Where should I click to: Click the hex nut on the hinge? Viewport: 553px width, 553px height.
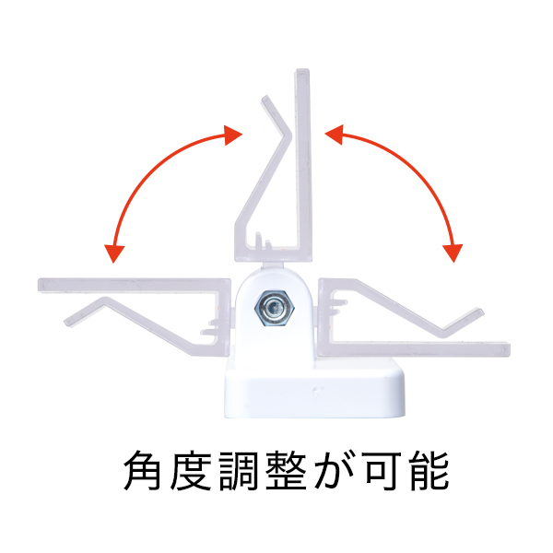(x=275, y=309)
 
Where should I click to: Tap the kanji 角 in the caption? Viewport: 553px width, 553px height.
(x=143, y=470)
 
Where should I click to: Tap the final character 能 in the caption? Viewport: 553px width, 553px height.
(x=429, y=470)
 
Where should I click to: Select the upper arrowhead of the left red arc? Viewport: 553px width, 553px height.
(x=233, y=135)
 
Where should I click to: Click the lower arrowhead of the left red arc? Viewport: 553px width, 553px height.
(x=114, y=253)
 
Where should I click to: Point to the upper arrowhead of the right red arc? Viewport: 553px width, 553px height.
(x=334, y=135)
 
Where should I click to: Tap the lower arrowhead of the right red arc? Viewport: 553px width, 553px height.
(x=453, y=253)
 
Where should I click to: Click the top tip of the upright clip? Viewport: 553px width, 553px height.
(x=302, y=70)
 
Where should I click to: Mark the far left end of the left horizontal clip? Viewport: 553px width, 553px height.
(x=40, y=285)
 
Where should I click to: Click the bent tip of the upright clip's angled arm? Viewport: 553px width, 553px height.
(x=265, y=99)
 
